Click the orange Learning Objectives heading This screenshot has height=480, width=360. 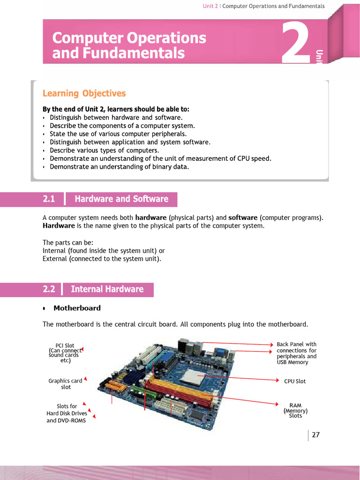pyautogui.click(x=84, y=93)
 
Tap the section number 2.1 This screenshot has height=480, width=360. pyautogui.click(x=49, y=199)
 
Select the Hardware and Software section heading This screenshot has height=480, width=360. pyautogui.click(x=121, y=199)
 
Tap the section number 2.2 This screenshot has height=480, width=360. pyautogui.click(x=49, y=289)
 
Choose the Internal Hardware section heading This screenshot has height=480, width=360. pyautogui.click(x=107, y=289)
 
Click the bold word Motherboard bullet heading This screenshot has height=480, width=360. pyautogui.click(x=77, y=308)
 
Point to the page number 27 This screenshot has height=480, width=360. pyautogui.click(x=315, y=435)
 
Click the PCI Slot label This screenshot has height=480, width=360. pyautogui.click(x=65, y=346)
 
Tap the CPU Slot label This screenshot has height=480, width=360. pyautogui.click(x=295, y=381)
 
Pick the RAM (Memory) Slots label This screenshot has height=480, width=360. pyautogui.click(x=295, y=410)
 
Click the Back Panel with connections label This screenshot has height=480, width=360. pyautogui.click(x=296, y=344)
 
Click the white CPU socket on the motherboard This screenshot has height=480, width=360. pyautogui.click(x=194, y=375)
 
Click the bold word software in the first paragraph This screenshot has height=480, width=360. pyautogui.click(x=243, y=217)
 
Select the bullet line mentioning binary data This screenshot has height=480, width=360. pyautogui.click(x=119, y=167)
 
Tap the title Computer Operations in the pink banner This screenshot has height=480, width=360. pyautogui.click(x=129, y=38)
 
